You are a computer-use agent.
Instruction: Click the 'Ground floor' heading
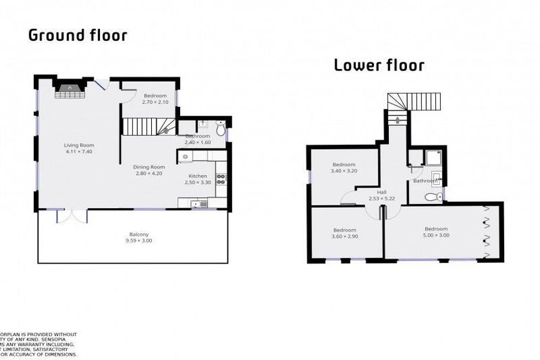coord(77,34)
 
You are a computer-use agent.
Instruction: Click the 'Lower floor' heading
coord(379,65)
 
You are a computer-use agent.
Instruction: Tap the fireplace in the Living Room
coord(69,87)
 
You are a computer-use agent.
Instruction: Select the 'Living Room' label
coord(79,146)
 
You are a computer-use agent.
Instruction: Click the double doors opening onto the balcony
coord(72,214)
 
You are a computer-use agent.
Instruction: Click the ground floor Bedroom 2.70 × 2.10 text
coord(155,102)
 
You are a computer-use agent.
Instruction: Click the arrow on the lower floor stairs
coord(399,120)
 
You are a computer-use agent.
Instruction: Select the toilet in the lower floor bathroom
coord(438,196)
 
